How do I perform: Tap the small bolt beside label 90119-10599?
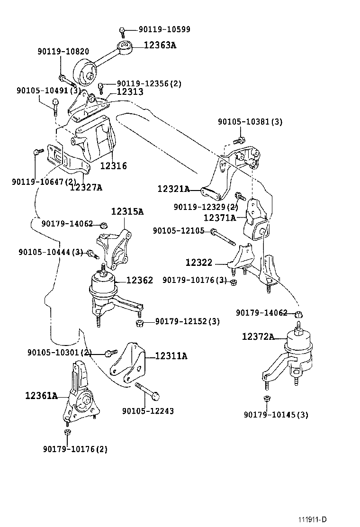click(122, 32)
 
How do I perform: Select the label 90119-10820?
click(63, 51)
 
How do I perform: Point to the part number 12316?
click(113, 166)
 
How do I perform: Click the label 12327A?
click(86, 187)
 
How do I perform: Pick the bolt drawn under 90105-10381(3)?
click(239, 140)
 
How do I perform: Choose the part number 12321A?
click(173, 189)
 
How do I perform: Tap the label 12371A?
click(219, 218)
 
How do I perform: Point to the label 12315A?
click(127, 212)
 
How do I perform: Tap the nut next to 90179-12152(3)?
click(139, 323)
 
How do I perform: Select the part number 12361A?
click(41, 395)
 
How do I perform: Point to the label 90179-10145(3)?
click(276, 415)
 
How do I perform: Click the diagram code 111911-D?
click(312, 519)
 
